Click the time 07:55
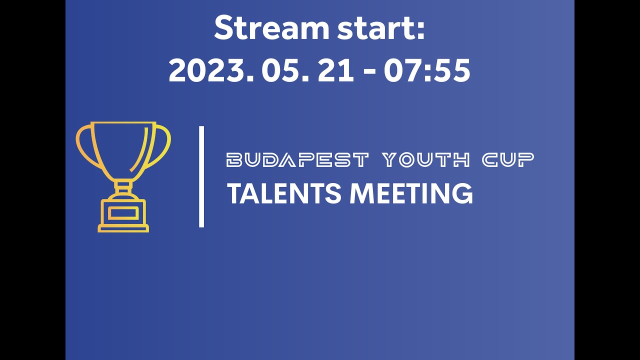pos(427,71)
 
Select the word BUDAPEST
pos(298,160)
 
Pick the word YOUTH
pos(426,160)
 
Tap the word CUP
pos(508,160)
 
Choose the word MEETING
pos(411,193)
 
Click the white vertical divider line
pos(201,176)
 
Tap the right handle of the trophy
pos(163,145)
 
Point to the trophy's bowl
pos(123,147)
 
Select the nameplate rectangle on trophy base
pos(123,212)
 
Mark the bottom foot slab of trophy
pos(123,229)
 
